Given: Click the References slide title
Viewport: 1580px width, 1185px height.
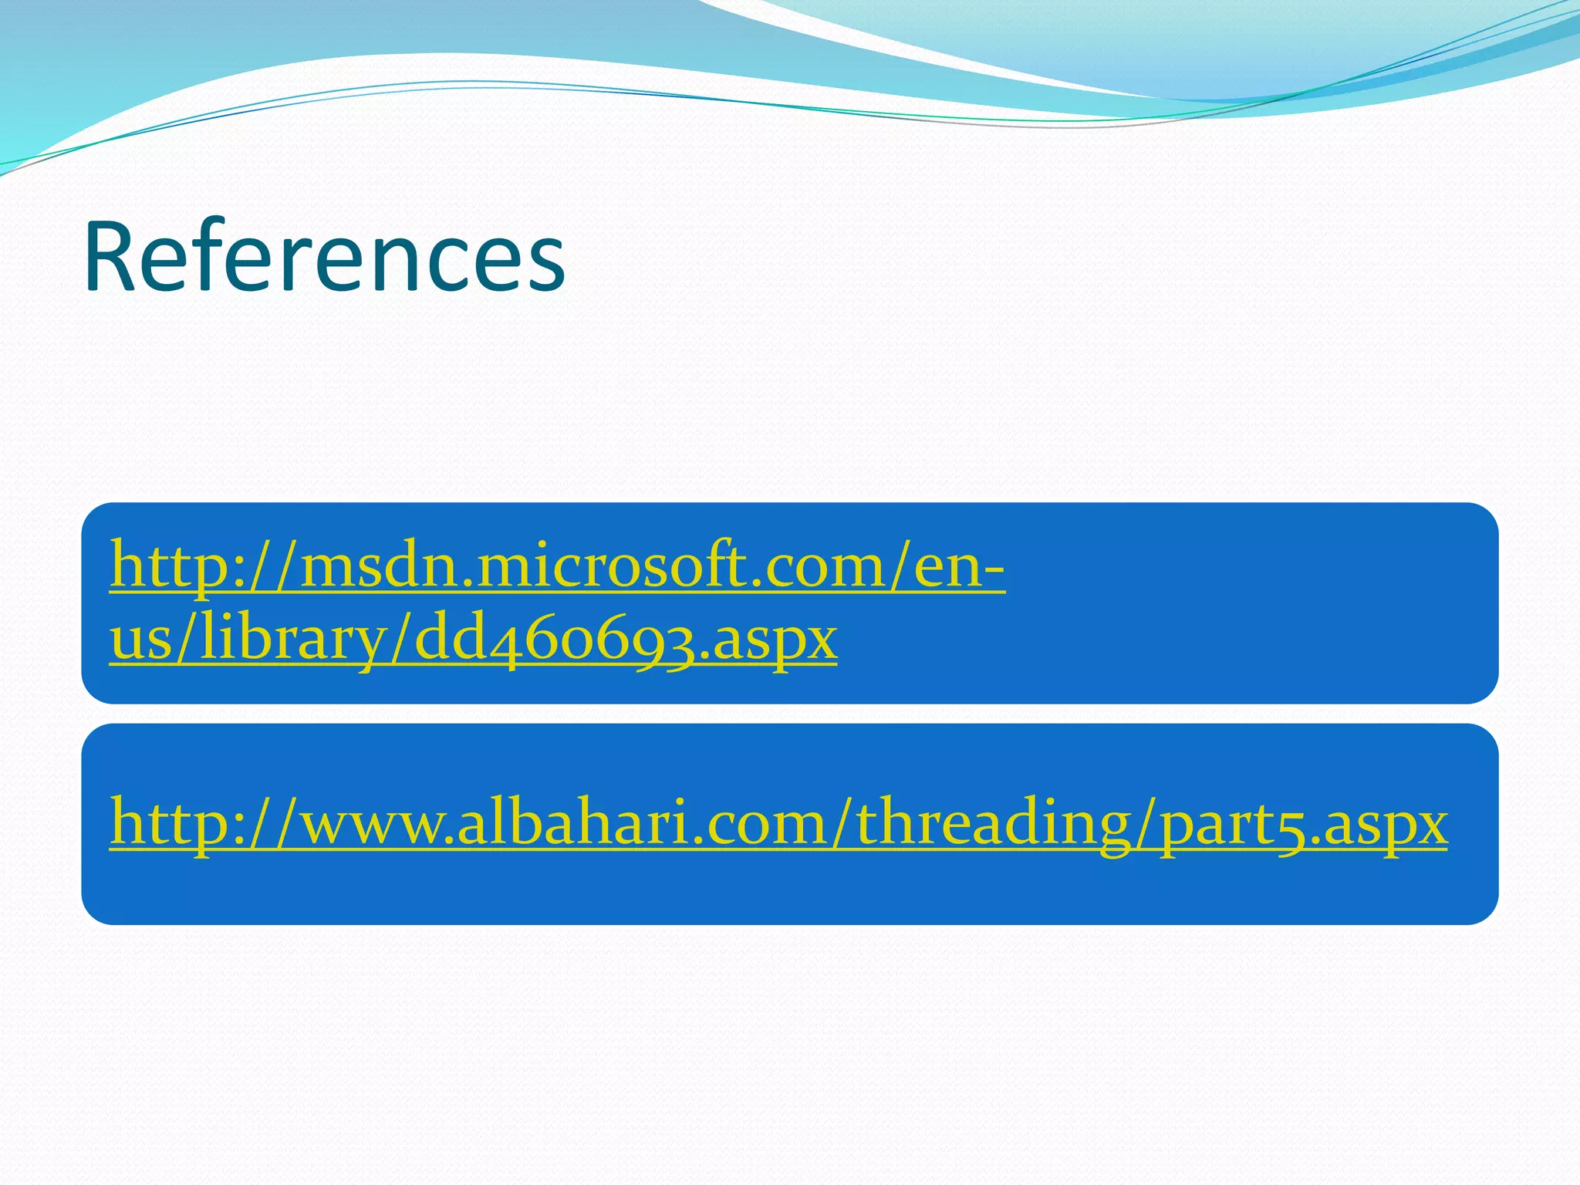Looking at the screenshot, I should [x=324, y=257].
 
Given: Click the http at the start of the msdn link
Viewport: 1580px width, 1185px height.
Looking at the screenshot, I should [x=157, y=567].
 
